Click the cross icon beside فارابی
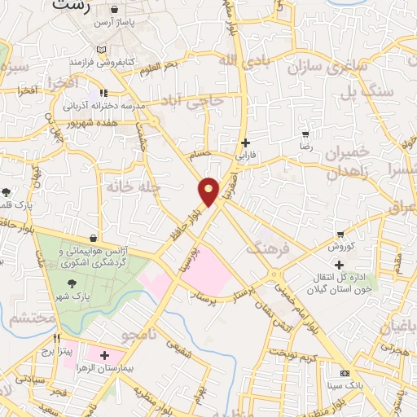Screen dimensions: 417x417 pos(245,142)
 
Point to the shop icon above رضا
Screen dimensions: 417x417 pos(305,134)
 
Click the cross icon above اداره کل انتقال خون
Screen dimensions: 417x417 pos(339,265)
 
